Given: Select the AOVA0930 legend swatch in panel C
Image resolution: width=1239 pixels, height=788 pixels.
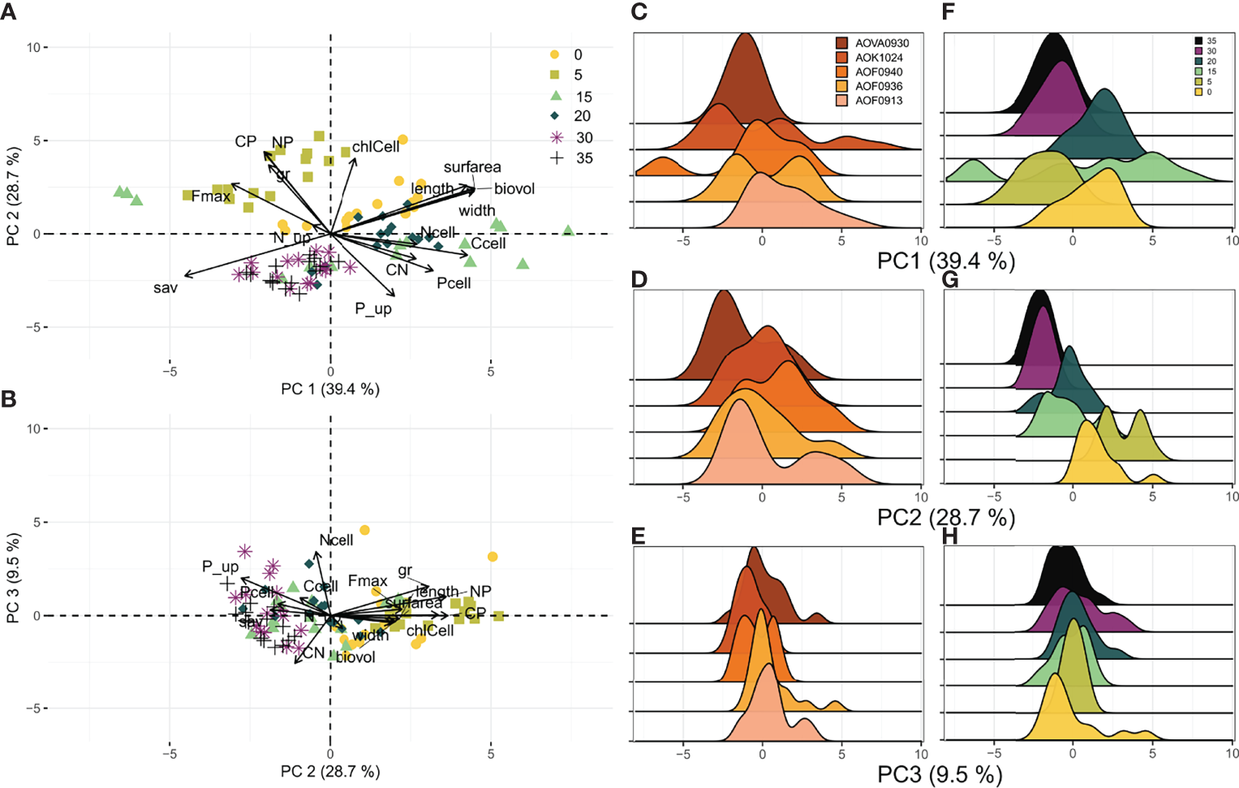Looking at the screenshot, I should pos(841,43).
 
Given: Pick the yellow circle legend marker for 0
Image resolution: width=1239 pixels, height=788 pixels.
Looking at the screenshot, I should pos(555,54).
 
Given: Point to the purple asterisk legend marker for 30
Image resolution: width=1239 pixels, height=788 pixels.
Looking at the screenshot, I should pos(557,137).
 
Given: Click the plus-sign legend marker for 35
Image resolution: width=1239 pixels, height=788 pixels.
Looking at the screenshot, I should pos(557,157).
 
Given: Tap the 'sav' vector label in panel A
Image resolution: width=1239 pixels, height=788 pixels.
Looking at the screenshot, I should pos(165,287).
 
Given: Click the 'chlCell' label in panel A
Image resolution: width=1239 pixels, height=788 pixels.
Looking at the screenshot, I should pos(376,147).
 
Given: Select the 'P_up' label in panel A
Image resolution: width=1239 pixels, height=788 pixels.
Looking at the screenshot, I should pos(373,308).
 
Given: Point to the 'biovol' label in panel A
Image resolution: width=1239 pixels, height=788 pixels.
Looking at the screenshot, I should pos(514,189).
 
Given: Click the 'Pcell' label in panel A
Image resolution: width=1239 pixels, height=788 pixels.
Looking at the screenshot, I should pos(454,283).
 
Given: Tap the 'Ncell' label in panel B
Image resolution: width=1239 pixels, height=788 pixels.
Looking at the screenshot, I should pos(336,540).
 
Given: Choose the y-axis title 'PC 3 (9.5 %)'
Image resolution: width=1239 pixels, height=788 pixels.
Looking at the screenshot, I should pos(12,578).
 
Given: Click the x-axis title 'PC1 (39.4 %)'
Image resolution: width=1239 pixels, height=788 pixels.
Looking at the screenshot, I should pos(946,261).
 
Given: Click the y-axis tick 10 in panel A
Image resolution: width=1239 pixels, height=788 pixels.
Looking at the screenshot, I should pos(33,47).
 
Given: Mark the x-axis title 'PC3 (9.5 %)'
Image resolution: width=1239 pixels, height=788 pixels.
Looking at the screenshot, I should pos(940,774).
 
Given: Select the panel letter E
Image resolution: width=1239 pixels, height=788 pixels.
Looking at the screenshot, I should pos(639,536).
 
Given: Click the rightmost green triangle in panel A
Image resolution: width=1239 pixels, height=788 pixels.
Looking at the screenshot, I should pos(568,231).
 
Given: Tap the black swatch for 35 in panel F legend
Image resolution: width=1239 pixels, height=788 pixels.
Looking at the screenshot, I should pos(1198,41).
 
